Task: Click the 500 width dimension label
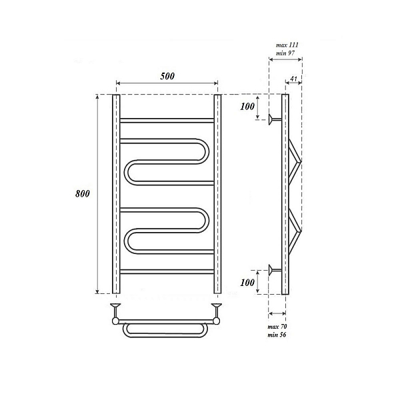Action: pyautogui.click(x=167, y=76)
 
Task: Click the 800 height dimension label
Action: pyautogui.click(x=83, y=193)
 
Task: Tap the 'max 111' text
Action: pyautogui.click(x=287, y=45)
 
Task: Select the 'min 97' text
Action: pyautogui.click(x=285, y=53)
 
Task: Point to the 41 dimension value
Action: pyautogui.click(x=293, y=79)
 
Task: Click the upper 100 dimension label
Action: pyautogui.click(x=247, y=107)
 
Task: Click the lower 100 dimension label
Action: pyautogui.click(x=247, y=283)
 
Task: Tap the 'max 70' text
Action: pyautogui.click(x=277, y=327)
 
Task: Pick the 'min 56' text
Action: pyautogui.click(x=277, y=335)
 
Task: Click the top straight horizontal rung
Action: pyautogui.click(x=167, y=121)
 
